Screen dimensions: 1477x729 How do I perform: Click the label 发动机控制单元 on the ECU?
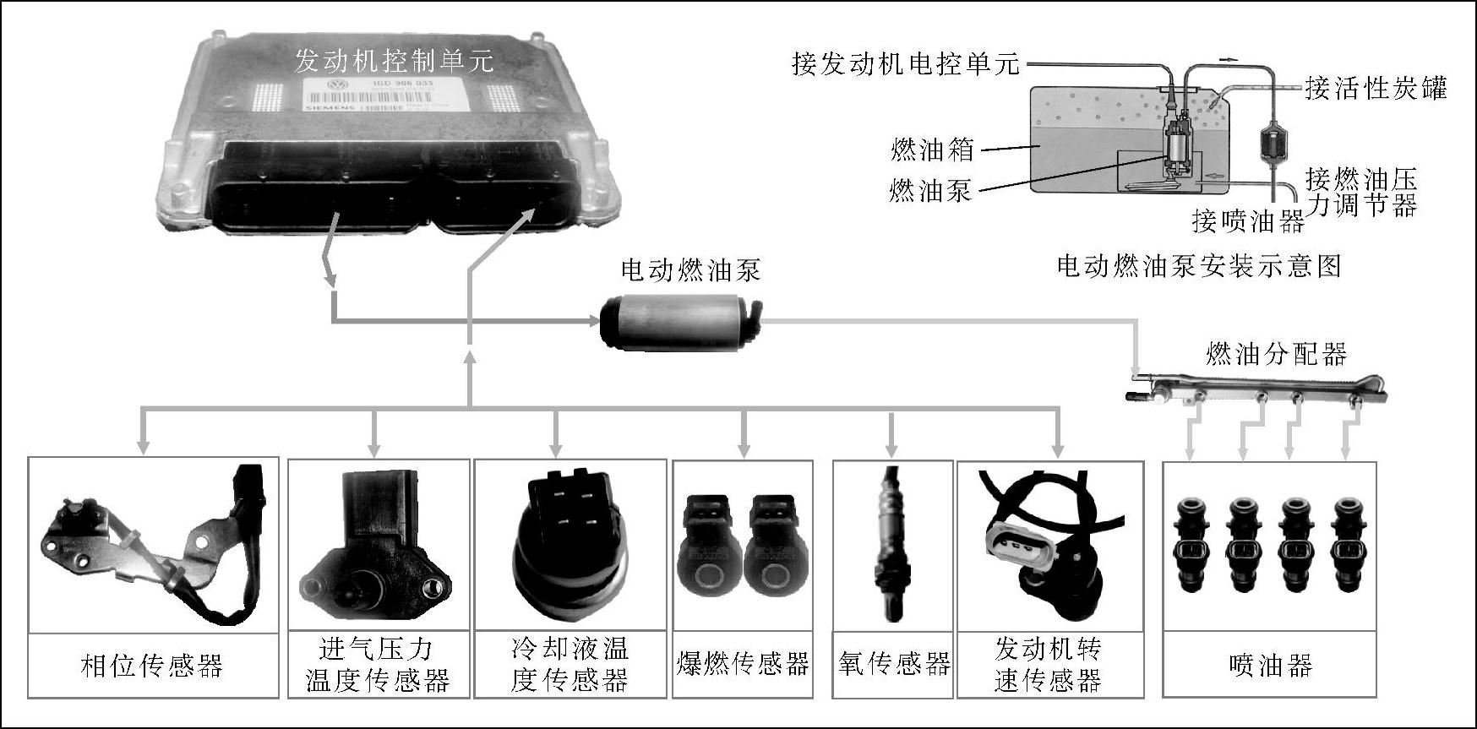click(x=394, y=60)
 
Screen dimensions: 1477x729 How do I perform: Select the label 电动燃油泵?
click(x=690, y=270)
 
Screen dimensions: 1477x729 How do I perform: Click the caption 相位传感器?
click(x=152, y=666)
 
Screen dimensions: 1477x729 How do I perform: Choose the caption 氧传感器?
click(x=894, y=664)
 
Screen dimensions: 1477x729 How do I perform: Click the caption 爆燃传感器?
click(x=743, y=664)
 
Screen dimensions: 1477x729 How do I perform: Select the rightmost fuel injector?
click(x=1349, y=543)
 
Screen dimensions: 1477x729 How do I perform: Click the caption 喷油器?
click(x=1270, y=666)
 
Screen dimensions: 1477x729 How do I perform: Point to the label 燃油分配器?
click(x=1276, y=354)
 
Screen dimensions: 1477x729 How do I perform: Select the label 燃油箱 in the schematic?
click(x=932, y=150)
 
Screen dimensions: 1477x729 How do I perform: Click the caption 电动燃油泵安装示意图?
click(x=1199, y=267)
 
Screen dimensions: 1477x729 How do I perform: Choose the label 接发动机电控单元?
click(x=906, y=63)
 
